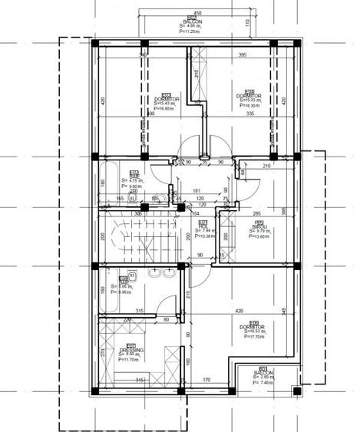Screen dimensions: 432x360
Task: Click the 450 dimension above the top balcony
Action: click(x=197, y=13)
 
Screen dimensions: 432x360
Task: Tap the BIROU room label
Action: click(x=259, y=227)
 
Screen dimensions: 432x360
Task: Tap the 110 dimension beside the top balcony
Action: click(x=247, y=22)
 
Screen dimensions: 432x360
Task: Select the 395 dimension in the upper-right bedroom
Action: click(x=243, y=55)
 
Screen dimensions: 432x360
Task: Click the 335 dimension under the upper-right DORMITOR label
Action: click(x=249, y=114)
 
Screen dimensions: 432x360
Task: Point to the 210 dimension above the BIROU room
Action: click(x=268, y=166)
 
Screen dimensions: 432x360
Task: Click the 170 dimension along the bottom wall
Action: click(x=206, y=380)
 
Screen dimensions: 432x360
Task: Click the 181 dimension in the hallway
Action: click(x=197, y=190)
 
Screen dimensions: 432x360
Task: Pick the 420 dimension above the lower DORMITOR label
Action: click(x=239, y=312)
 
